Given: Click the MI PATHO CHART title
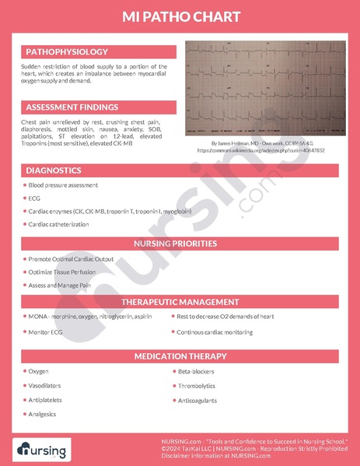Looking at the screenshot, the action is (x=180, y=17).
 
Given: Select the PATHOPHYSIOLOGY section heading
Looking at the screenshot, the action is (x=66, y=51).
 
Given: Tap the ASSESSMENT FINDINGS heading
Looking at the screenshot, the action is (x=72, y=107).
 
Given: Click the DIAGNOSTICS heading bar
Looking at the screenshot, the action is (x=54, y=170).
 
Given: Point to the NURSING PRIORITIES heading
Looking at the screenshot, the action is (x=180, y=244).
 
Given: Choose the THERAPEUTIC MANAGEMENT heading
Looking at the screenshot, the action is (x=180, y=302).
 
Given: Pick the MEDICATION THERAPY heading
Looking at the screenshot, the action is (x=180, y=356).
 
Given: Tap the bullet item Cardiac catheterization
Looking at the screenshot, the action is (x=59, y=224).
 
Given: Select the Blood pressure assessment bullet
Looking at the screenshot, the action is (x=63, y=185).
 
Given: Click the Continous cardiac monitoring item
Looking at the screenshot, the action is (x=215, y=332).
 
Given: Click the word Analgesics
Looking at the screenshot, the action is (x=44, y=415).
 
